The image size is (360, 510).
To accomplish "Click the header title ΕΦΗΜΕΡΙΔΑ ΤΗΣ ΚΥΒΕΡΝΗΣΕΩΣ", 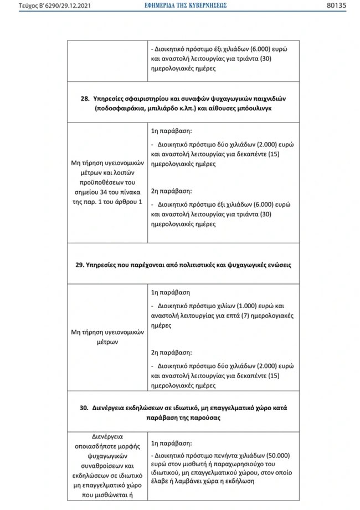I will pos(179,6).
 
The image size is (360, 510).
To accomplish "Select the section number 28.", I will pos(85,99).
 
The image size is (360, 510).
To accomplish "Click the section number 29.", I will pos(80,265).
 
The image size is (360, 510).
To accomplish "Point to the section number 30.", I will pos(85,407).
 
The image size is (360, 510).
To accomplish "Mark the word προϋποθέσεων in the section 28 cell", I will pos(105,182).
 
